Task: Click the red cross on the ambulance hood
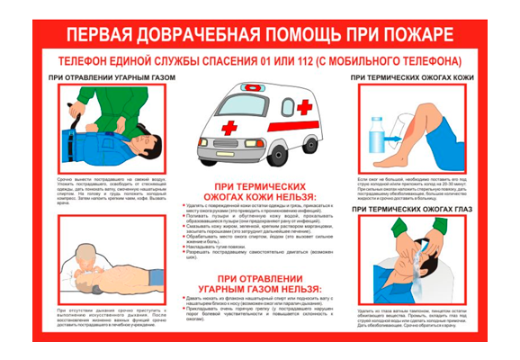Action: coord(230,127)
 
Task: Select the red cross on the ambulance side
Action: coord(304,107)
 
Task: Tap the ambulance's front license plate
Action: coord(225,154)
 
